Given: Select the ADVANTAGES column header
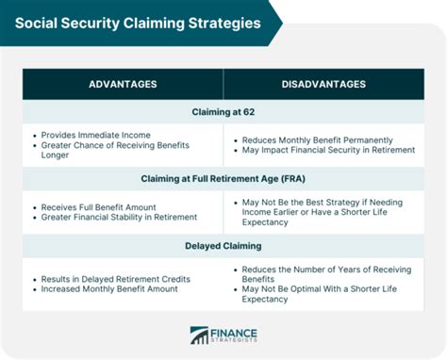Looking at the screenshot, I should tap(124, 84).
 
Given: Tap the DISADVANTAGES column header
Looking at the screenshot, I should tap(323, 84).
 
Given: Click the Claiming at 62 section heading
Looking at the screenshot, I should tap(223, 112).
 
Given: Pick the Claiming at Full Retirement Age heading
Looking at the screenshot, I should tap(223, 179).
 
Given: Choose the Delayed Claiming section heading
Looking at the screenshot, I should tap(223, 246).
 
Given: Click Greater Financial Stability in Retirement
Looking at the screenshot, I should tap(119, 218).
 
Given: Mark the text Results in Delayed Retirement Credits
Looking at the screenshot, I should tap(116, 279).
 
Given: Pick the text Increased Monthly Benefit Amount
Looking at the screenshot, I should tap(108, 290).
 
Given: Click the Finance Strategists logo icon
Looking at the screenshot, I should tap(199, 335).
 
